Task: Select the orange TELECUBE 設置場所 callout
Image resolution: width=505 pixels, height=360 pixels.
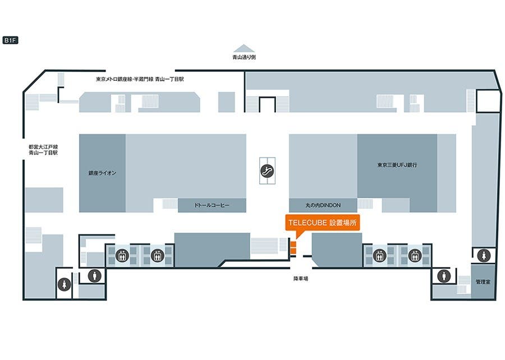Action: point(322,223)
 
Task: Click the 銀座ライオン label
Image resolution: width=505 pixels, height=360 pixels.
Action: point(102,173)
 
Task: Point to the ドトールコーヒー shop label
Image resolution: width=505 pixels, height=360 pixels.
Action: point(212,205)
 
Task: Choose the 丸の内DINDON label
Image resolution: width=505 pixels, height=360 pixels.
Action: point(323,205)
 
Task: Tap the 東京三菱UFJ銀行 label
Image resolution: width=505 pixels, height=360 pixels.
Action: point(397,165)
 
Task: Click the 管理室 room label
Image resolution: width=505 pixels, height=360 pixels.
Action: point(483,281)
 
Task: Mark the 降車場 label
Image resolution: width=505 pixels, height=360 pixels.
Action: point(300,278)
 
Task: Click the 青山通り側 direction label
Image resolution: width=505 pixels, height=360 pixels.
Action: point(244,57)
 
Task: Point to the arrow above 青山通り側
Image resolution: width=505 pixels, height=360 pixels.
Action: point(244,48)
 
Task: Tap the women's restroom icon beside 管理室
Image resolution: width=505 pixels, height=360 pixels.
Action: point(483,256)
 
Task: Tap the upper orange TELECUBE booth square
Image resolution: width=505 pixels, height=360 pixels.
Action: point(292,243)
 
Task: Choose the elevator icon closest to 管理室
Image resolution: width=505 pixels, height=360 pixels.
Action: point(415,256)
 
